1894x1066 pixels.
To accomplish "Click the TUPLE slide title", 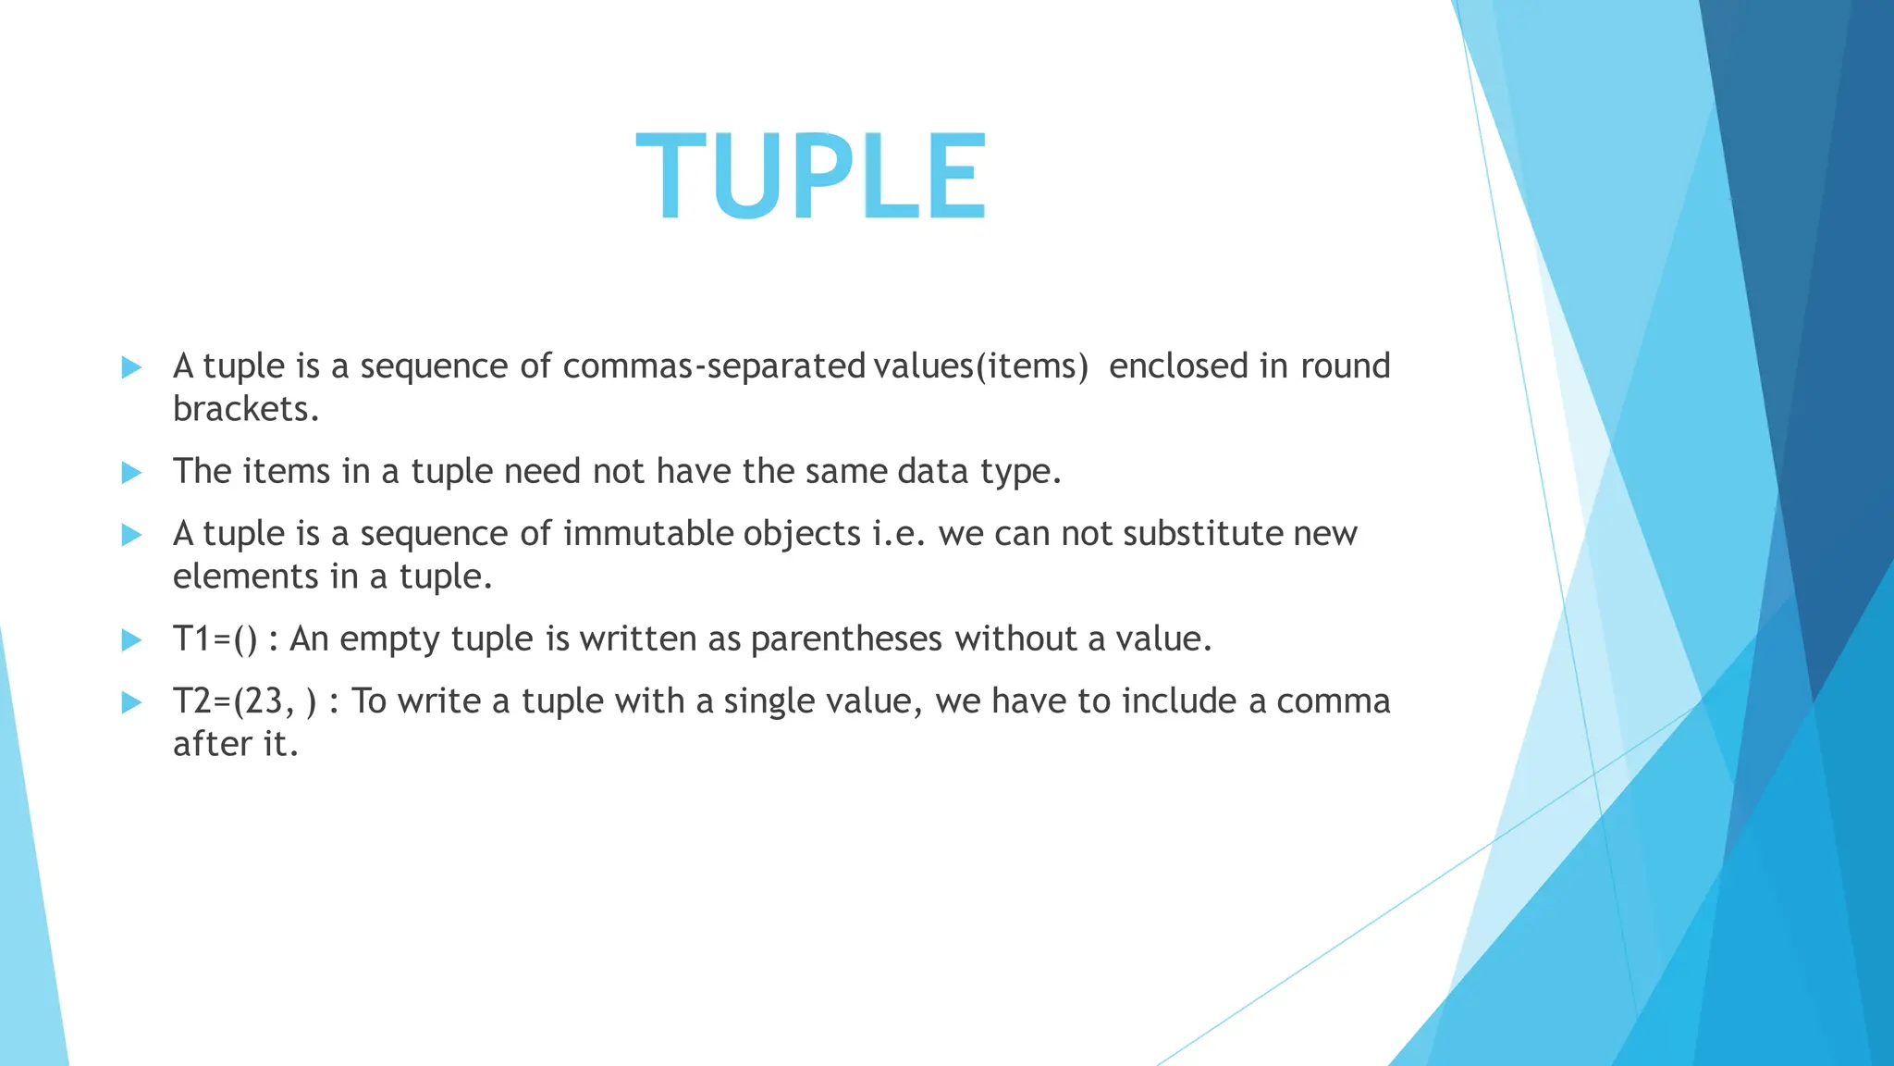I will [x=811, y=177].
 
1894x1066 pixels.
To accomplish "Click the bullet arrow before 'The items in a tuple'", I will [x=131, y=473].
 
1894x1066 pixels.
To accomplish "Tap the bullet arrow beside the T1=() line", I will [x=131, y=640].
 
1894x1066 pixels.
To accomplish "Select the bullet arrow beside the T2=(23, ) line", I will [x=131, y=702].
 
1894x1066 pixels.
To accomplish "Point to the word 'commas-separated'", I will [x=714, y=367].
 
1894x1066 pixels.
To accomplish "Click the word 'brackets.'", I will [x=246, y=409].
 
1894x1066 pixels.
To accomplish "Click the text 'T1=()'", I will [x=215, y=639].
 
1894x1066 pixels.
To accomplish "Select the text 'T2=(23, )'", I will [x=245, y=701].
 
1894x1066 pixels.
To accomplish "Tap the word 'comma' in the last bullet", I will [x=1334, y=702].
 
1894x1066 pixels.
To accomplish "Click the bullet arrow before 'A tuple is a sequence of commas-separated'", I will [x=131, y=367].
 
